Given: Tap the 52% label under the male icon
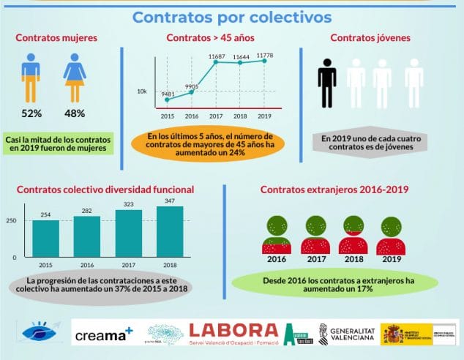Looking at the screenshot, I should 31,113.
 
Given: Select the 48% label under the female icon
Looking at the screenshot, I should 75,113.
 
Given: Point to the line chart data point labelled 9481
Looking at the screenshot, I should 167,100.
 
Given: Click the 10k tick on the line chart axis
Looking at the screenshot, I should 142,91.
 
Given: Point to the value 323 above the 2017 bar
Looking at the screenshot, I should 128,205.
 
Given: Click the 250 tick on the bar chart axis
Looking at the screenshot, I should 10,221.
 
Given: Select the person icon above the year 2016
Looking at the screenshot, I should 277,236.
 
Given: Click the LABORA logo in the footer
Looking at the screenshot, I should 233,334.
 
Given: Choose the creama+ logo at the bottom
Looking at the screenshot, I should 104,336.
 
